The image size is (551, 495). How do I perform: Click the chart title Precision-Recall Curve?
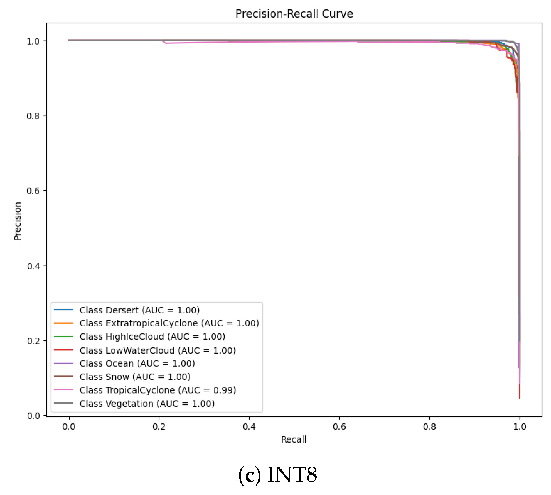click(294, 14)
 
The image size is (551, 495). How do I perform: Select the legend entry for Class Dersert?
click(139, 310)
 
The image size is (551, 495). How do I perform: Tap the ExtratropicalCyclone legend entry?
click(169, 323)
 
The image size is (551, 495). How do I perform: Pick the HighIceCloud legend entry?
click(152, 336)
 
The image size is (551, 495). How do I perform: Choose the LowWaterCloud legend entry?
click(158, 350)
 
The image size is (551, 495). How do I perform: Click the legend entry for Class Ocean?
click(137, 363)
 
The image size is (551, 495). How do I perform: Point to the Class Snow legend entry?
click(135, 377)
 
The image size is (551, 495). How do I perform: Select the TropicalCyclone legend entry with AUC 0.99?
click(158, 390)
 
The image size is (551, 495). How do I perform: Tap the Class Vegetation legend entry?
click(147, 404)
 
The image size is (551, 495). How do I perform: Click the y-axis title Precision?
click(18, 221)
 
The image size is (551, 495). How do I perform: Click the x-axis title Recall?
click(294, 439)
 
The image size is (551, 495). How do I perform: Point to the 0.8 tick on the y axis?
click(33, 116)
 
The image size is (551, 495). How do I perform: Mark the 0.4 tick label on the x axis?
click(249, 427)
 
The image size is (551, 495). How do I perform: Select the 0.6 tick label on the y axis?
click(33, 191)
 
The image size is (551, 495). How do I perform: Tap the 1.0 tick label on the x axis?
click(520, 427)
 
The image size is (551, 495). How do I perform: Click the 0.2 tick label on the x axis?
click(159, 427)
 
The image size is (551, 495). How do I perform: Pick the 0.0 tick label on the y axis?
click(33, 416)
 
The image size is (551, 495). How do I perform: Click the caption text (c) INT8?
click(277, 474)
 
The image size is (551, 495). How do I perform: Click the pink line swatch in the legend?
click(63, 390)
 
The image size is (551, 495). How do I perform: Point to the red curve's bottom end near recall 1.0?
click(519, 398)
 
